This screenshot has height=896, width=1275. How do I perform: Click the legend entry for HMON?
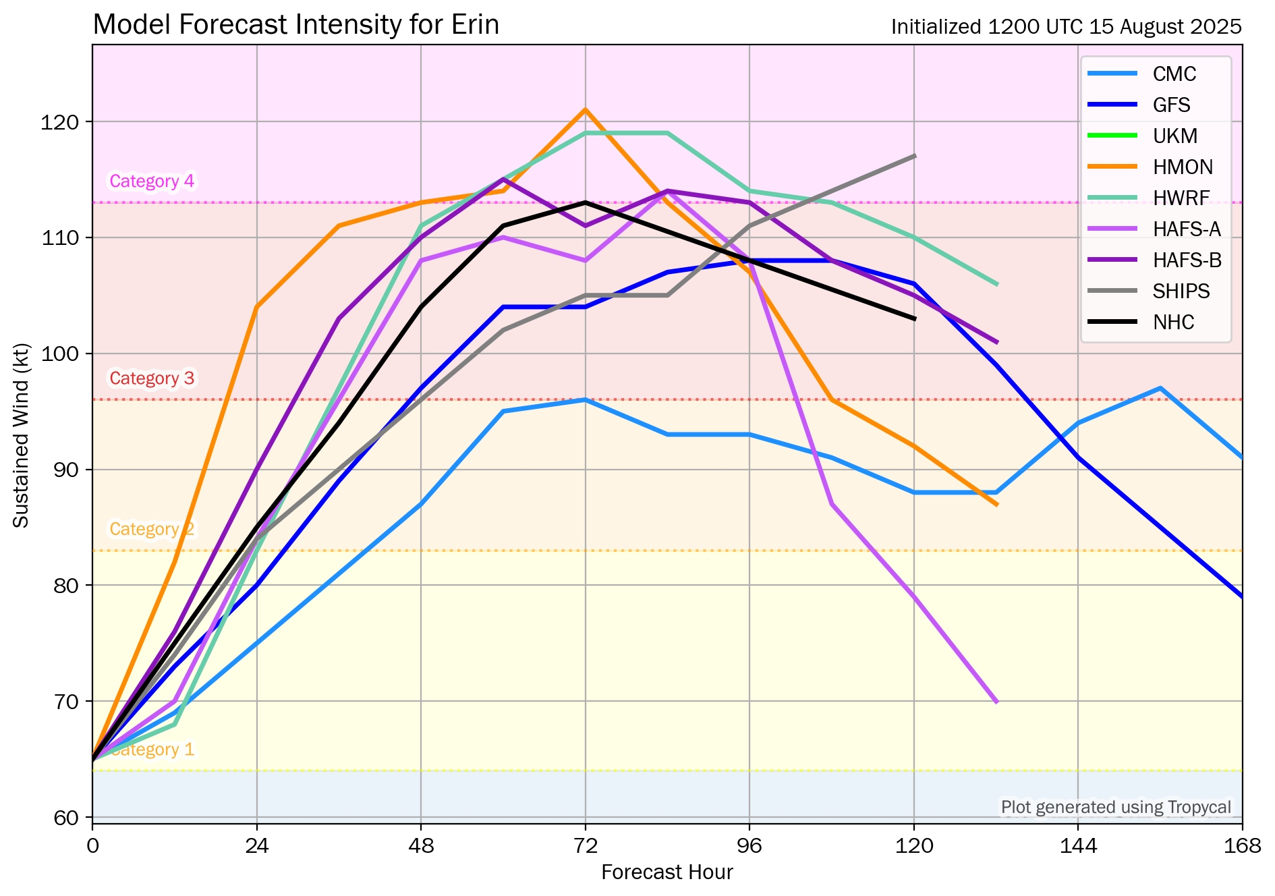point(1183,167)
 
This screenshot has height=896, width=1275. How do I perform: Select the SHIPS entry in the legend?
point(1181,291)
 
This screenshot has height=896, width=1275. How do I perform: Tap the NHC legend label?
point(1173,322)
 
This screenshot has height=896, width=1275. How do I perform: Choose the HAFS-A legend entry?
point(1186,229)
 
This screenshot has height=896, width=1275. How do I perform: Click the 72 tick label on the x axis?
point(585,845)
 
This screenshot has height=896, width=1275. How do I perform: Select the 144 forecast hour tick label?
point(1078,845)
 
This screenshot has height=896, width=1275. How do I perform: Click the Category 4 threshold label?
point(152,181)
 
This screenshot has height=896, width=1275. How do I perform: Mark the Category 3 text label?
point(152,378)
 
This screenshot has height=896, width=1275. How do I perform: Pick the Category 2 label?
point(152,529)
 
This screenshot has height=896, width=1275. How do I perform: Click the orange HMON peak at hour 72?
point(585,109)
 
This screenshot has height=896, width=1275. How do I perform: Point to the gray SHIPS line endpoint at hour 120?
point(914,156)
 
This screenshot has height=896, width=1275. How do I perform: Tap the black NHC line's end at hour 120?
point(914,318)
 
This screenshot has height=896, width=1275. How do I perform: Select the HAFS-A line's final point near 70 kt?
point(996,702)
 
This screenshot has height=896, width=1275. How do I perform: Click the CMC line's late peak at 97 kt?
point(1160,388)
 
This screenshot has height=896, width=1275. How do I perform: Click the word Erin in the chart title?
point(476,25)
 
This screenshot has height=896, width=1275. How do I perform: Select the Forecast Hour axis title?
point(667,872)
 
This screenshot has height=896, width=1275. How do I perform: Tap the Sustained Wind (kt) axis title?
point(21,436)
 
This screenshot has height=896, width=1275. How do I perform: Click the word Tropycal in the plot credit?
point(1199,807)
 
